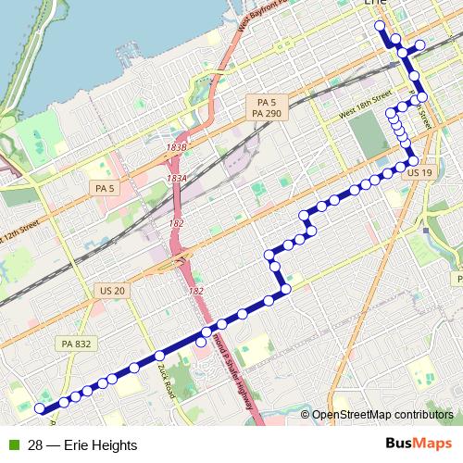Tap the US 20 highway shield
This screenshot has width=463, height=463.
pyautogui.click(x=111, y=291)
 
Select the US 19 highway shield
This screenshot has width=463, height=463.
pyautogui.click(x=420, y=173)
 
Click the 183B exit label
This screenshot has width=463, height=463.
pyautogui.click(x=178, y=147)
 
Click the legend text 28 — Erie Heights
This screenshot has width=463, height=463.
pyautogui.click(x=82, y=444)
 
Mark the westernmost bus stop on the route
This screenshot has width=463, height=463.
pyautogui.click(x=40, y=408)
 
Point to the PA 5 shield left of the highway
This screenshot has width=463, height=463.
pyautogui.click(x=104, y=188)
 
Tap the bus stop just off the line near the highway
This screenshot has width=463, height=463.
pyautogui.click(x=201, y=342)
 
